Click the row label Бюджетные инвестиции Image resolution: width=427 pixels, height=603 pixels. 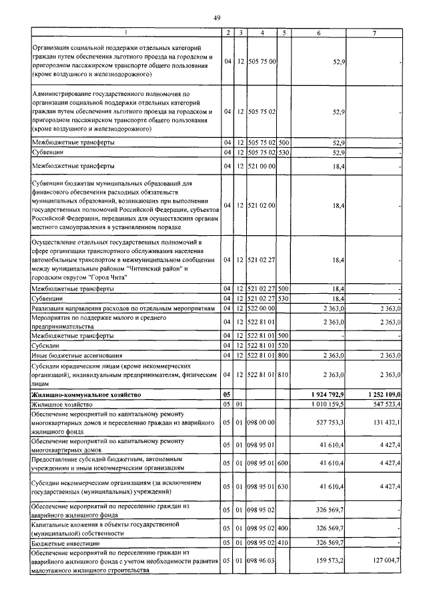[66, 544]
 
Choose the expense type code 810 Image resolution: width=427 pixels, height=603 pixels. [283, 376]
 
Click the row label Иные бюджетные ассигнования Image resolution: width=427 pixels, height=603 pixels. [73, 356]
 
